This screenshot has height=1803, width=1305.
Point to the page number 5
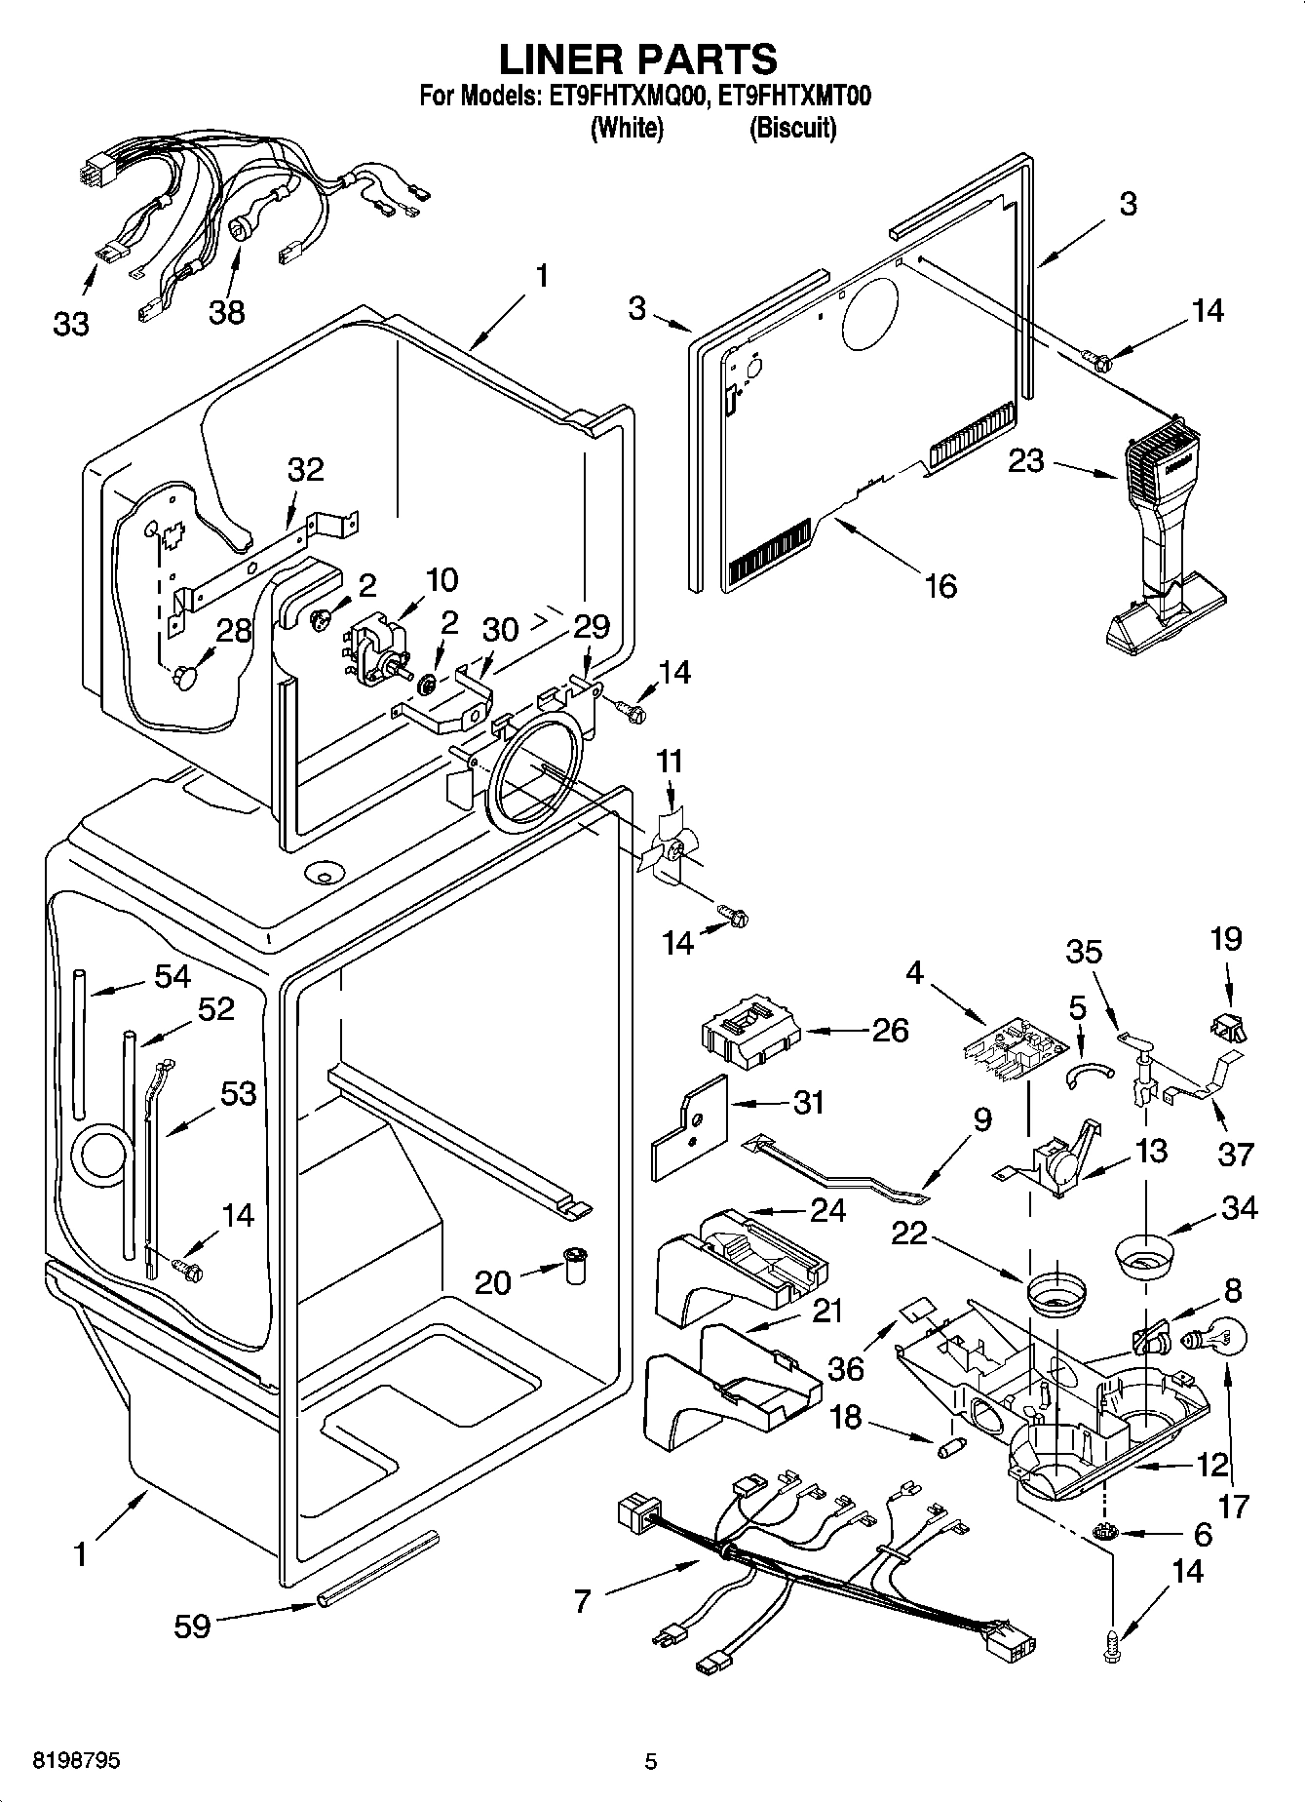pos(651,1761)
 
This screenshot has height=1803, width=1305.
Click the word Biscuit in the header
pos(791,128)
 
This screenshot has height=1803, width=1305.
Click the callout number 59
pos(193,1626)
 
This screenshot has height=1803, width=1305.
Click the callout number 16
pos(940,585)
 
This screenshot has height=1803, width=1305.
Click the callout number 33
pos(71,324)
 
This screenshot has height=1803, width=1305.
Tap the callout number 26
pos(890,1030)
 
